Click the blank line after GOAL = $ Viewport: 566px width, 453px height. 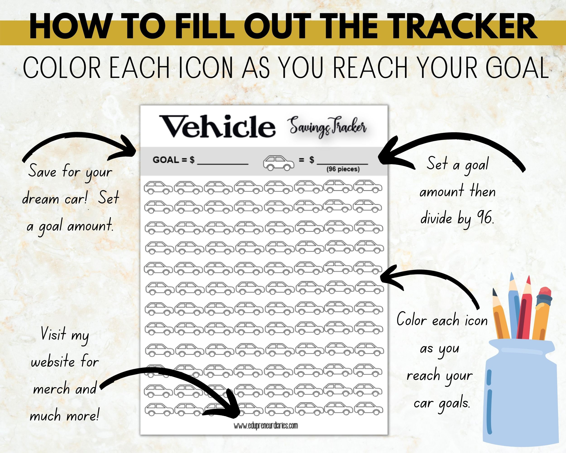(223, 161)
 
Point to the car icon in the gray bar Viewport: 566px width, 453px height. (278, 163)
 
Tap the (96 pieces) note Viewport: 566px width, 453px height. (343, 169)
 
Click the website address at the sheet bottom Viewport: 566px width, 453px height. (266, 426)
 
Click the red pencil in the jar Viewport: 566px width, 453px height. (524, 310)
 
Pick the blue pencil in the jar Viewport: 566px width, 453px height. (514, 307)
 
